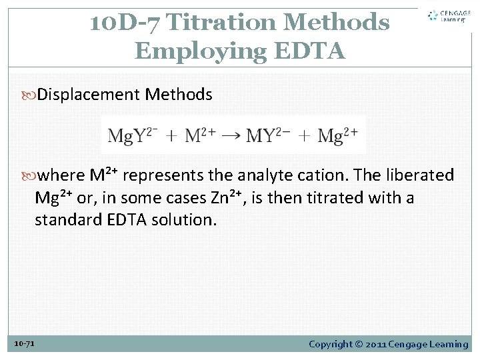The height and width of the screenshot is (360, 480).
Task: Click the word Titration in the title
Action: [223, 23]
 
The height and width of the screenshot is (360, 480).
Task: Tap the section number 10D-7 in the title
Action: [125, 23]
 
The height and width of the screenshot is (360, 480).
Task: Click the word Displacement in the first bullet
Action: [89, 95]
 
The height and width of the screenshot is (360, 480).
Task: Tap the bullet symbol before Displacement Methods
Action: [31, 95]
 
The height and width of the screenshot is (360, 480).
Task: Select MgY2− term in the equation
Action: [133, 136]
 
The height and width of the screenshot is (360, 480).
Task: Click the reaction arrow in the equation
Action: [230, 136]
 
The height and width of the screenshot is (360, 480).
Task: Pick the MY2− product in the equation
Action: [269, 136]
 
